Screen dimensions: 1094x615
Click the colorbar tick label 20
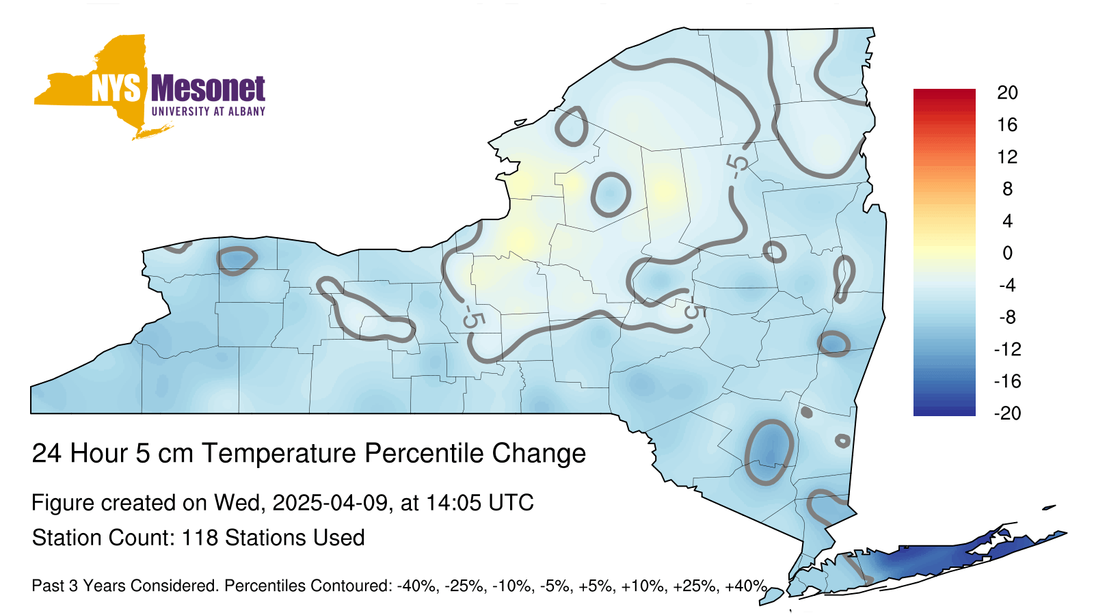pos(1007,92)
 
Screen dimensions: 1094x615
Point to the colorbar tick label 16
pos(1007,124)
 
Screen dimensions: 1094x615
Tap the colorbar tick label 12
pos(1007,156)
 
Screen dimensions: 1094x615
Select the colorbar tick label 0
pos(1007,253)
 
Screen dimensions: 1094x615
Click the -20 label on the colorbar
pos(1007,413)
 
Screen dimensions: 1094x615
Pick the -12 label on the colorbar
pos(1007,349)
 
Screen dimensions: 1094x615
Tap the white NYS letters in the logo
pos(116,88)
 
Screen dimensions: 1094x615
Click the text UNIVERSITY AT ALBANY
pos(208,111)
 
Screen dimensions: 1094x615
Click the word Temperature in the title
pos(280,453)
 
